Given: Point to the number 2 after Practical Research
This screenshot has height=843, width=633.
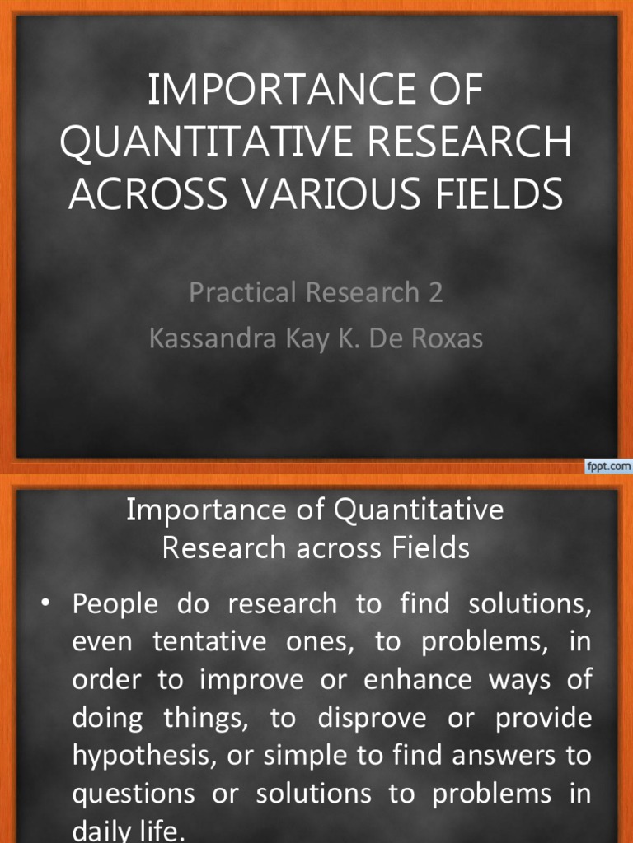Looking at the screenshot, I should [x=435, y=292].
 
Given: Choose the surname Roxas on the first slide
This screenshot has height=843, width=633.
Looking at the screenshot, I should [x=446, y=338].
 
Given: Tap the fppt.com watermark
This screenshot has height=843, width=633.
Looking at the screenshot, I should [x=608, y=467].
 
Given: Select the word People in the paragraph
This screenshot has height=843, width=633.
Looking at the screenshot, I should [x=115, y=604].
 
